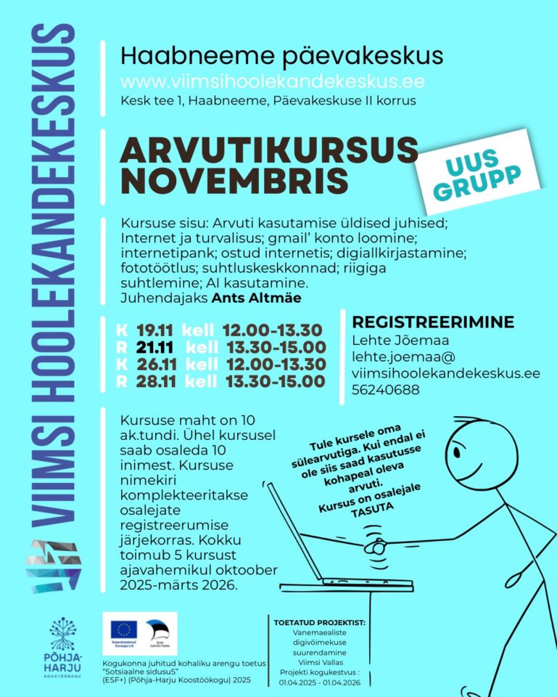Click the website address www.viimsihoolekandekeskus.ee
point(272,81)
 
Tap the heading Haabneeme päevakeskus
point(281,55)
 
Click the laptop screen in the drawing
point(294,530)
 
